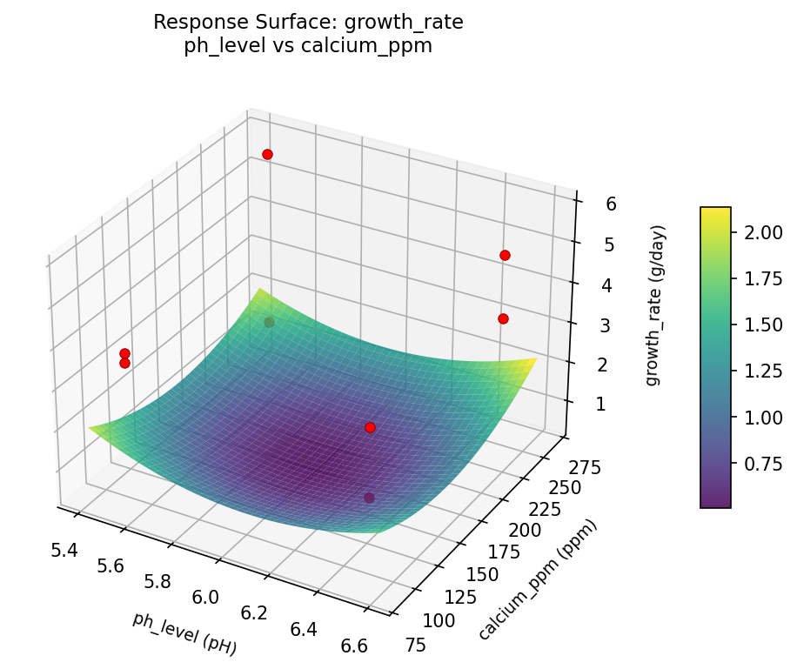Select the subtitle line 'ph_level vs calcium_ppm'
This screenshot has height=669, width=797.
308,46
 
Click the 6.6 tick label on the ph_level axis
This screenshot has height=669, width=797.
353,645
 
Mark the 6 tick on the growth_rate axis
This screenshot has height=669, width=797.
586,204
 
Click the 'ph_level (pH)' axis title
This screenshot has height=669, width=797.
184,632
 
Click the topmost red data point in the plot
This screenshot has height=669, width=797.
267,154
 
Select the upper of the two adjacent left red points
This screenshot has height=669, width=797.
124,353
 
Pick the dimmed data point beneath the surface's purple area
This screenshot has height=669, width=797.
369,498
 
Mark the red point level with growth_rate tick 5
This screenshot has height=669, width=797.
505,255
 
